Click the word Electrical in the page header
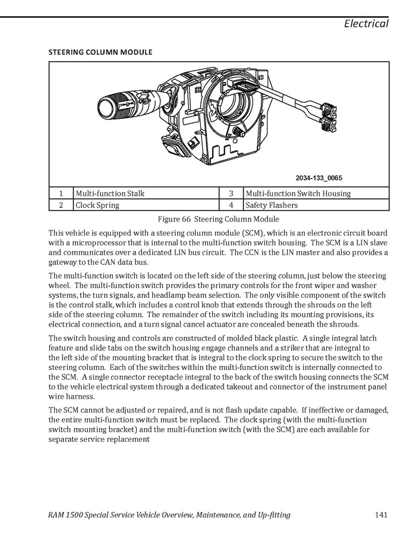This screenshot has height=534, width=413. click(366, 24)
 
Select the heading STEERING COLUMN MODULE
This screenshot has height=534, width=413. click(100, 52)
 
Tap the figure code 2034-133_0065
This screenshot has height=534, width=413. click(319, 178)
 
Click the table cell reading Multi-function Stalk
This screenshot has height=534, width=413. click(110, 194)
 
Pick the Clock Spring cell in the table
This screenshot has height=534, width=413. click(97, 206)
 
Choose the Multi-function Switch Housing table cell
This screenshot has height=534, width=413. click(298, 194)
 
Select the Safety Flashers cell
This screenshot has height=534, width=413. click(272, 206)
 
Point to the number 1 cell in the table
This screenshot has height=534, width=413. click(61, 194)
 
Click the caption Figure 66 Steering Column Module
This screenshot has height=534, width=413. click(218, 219)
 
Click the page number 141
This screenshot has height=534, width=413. click(382, 514)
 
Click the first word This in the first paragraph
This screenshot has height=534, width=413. click(57, 233)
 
